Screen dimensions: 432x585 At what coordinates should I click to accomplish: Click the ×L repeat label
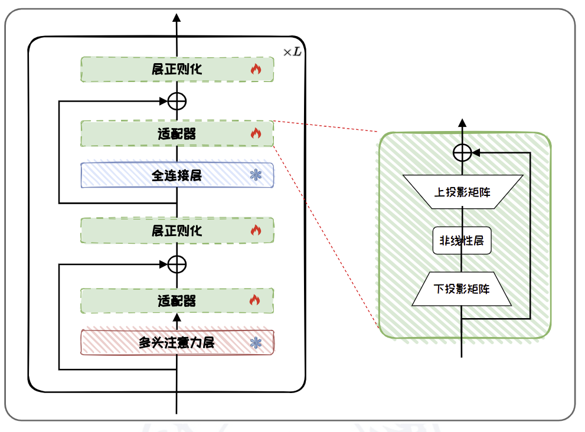tap(292, 52)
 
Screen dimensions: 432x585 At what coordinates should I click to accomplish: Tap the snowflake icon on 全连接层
tap(256, 175)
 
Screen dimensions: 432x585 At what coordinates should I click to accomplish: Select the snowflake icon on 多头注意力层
tap(256, 342)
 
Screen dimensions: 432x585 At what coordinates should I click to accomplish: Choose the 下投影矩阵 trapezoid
tap(462, 290)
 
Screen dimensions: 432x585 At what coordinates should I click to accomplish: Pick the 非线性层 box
tap(462, 241)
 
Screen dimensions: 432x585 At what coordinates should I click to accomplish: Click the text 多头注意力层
tap(177, 342)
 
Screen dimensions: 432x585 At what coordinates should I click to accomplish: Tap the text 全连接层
tap(177, 175)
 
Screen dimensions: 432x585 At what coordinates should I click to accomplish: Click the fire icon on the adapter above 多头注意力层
tap(255, 300)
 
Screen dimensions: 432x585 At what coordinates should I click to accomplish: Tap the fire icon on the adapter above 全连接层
tap(255, 133)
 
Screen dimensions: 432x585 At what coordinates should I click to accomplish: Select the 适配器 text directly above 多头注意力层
tap(177, 301)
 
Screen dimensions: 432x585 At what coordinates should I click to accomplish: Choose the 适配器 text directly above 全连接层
tap(177, 134)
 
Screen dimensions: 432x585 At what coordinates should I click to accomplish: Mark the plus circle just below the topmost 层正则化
tap(177, 102)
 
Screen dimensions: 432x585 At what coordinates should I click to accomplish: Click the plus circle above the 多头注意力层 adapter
tap(177, 264)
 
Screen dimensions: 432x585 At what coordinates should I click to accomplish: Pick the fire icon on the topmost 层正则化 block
tap(255, 69)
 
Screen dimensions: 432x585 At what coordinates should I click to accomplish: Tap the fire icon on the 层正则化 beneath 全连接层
tap(255, 230)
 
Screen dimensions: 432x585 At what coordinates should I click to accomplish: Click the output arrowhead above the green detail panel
tap(462, 123)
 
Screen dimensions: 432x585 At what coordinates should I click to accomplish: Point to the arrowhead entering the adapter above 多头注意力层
tap(177, 316)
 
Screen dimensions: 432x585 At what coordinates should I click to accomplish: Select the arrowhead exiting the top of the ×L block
tap(177, 17)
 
